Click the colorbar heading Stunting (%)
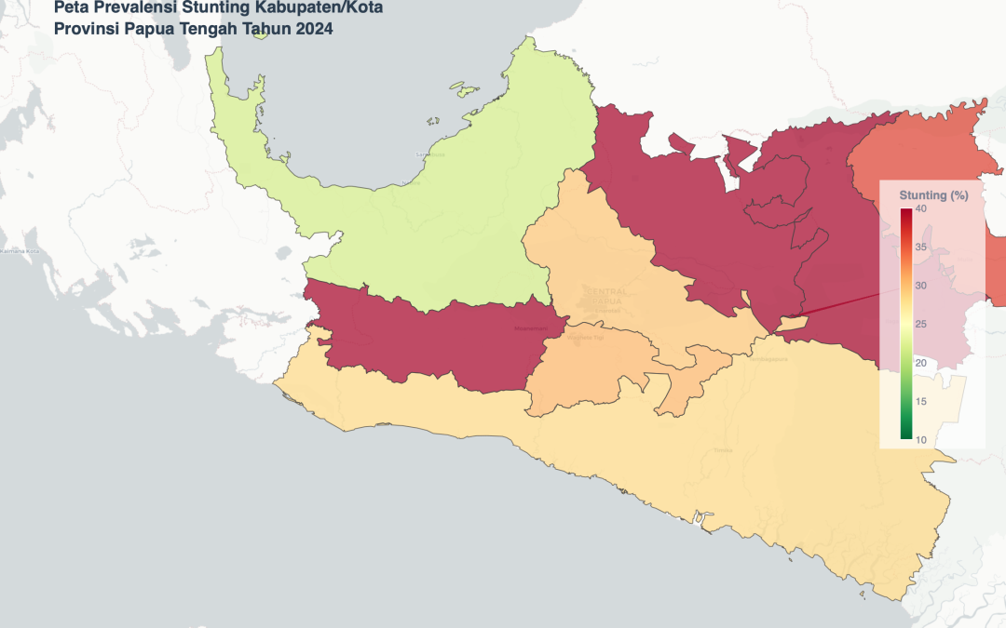pos(933,195)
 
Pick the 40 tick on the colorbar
pos(920,209)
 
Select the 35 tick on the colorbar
pos(920,247)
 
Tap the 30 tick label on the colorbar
pos(920,286)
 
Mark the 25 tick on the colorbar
pos(920,324)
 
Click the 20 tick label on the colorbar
pos(920,363)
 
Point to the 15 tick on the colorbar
pos(920,401)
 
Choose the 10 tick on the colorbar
pos(920,439)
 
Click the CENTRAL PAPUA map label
pos(606,297)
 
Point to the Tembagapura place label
pos(769,358)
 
